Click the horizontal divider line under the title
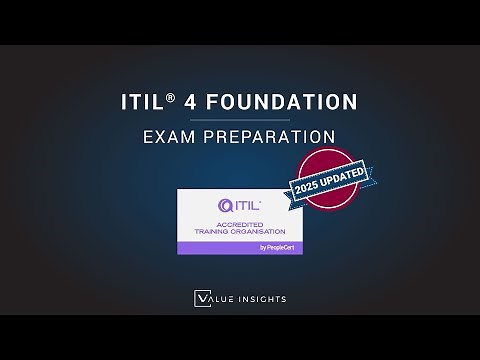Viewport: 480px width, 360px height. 240,119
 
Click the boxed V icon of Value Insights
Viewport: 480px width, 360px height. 200,297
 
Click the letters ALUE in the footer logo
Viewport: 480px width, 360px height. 217,297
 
